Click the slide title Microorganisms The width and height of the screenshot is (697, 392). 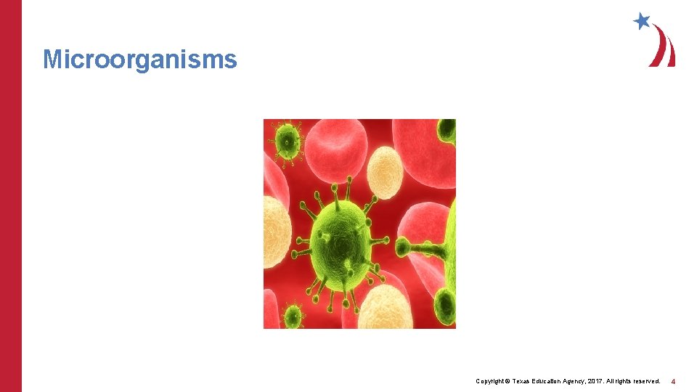point(140,59)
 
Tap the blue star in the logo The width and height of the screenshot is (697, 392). point(642,21)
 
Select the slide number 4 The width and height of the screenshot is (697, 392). point(673,381)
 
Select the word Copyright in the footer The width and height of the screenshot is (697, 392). point(492,381)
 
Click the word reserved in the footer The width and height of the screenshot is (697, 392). point(645,381)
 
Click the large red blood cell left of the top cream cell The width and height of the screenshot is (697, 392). point(335,152)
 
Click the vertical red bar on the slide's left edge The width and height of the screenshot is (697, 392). point(11,196)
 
